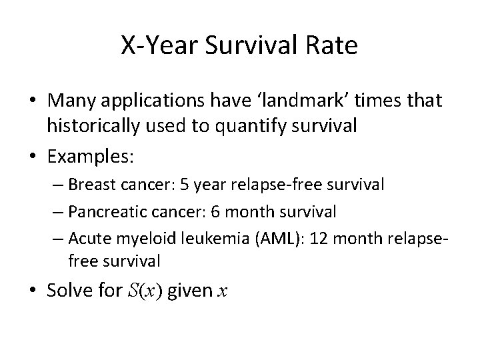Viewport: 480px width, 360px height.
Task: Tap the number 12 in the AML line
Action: [317, 238]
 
